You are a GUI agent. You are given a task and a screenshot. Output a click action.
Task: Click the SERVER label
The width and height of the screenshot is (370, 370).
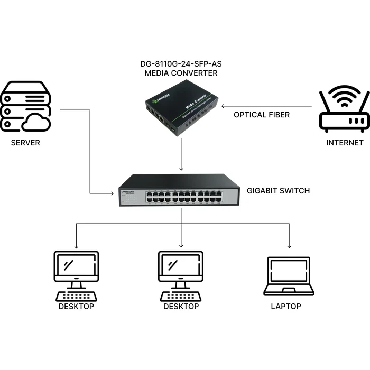[x=26, y=142]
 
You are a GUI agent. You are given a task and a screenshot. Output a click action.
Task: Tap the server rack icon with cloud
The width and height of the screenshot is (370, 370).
[x=26, y=107]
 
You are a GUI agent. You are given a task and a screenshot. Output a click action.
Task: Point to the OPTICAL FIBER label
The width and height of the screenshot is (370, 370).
[x=262, y=115]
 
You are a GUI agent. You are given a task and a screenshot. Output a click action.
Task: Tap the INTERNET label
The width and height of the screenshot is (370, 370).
[x=345, y=142]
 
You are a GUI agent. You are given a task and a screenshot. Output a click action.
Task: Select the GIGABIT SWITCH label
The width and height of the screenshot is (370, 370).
[x=279, y=190]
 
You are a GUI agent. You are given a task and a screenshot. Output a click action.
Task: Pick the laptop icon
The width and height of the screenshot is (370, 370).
[x=289, y=276]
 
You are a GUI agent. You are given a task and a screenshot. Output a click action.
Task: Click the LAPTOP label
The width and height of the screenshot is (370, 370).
[x=286, y=306]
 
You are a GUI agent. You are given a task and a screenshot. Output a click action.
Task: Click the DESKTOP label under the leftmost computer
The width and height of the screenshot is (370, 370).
[x=76, y=306]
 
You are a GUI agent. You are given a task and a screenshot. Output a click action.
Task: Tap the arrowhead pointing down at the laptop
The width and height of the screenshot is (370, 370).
[x=289, y=246]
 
